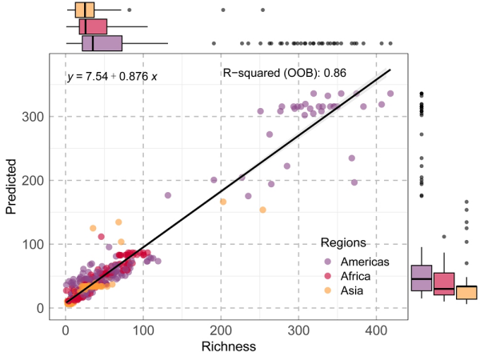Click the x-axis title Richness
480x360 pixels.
click(229, 346)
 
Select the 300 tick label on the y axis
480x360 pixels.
click(34, 117)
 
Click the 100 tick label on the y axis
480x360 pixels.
click(34, 244)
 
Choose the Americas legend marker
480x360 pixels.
click(328, 262)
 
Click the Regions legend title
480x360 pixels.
click(343, 242)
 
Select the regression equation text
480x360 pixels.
click(112, 77)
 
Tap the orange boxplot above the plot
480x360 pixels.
click(85, 10)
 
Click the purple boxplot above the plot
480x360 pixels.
click(102, 43)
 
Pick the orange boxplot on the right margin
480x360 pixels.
click(466, 292)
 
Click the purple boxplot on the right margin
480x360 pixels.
click(421, 278)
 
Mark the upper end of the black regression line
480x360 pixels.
click(390, 70)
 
